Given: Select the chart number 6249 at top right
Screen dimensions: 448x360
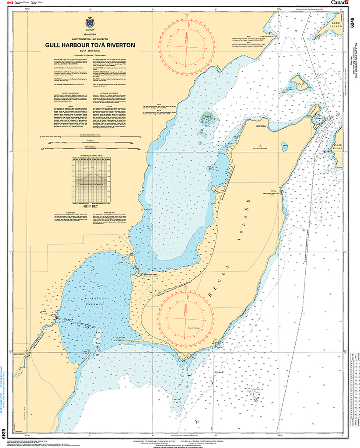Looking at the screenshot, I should [353, 20].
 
